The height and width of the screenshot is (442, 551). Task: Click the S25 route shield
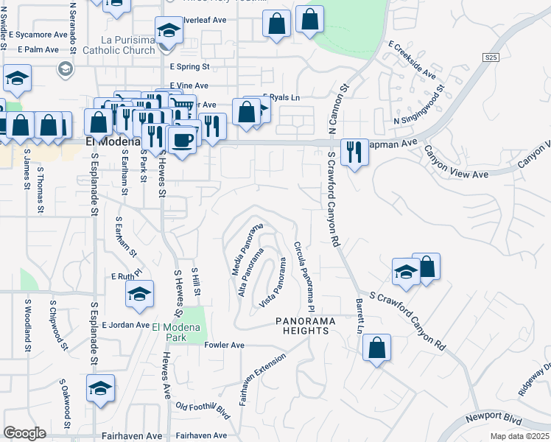pos(491,57)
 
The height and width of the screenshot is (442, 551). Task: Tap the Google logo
pos(24,433)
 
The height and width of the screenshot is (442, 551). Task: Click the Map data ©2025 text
pos(519,436)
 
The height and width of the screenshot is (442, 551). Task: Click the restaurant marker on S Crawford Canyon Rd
pos(355,152)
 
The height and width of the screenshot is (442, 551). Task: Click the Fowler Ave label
pos(224,345)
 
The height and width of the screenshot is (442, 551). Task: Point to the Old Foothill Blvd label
pos(203,409)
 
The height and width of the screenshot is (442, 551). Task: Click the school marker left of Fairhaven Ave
pos(101,389)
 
